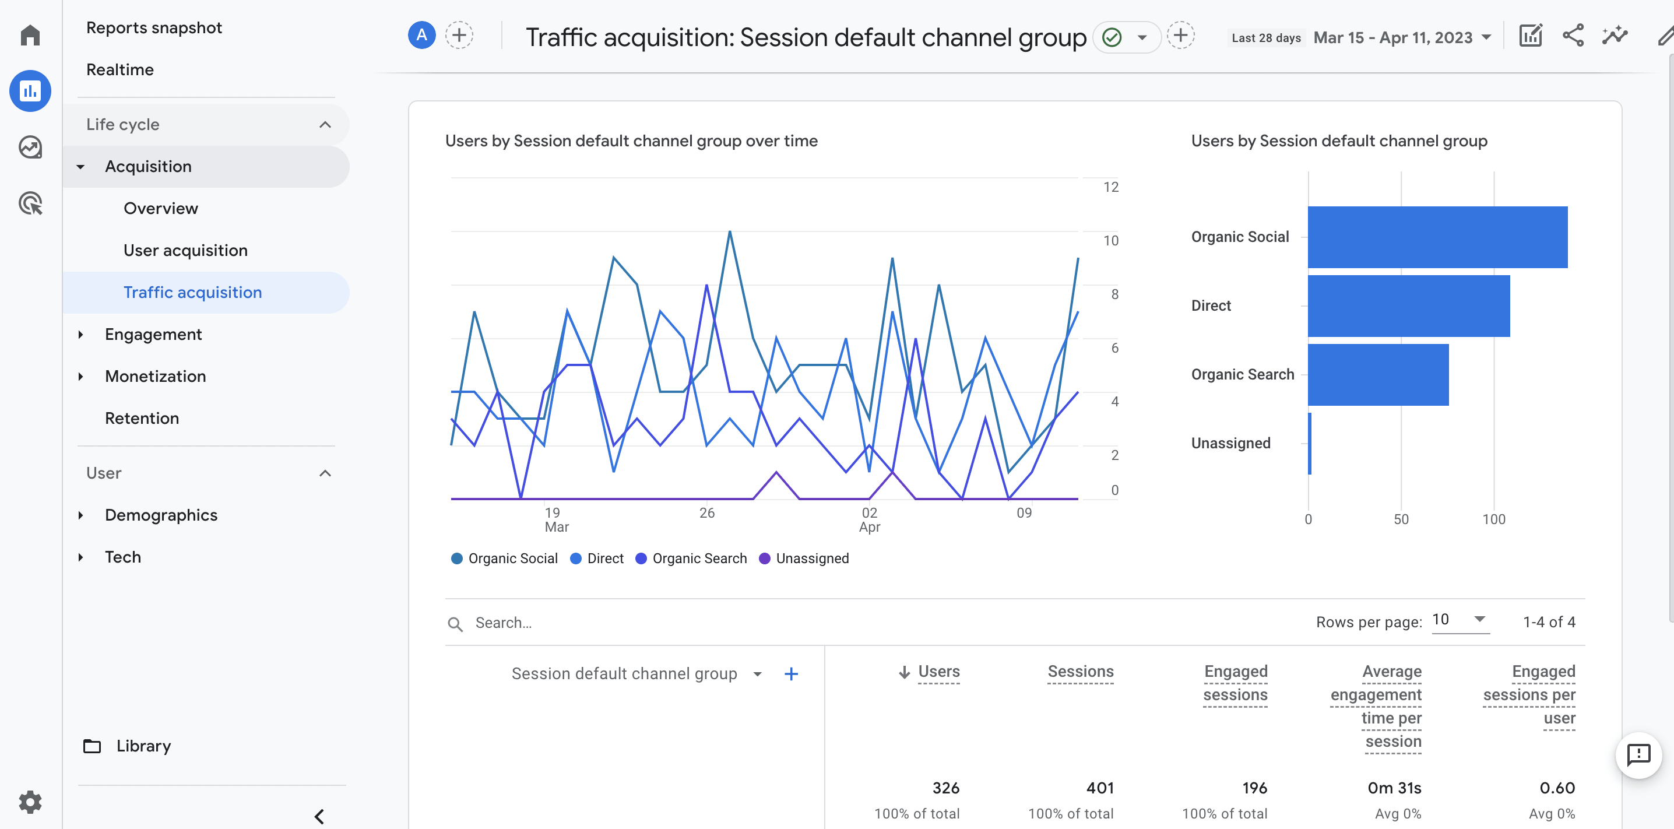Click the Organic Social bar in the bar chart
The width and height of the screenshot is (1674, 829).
1437,237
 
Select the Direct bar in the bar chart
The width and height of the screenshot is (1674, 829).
1408,306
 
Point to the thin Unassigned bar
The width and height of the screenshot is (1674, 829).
1310,444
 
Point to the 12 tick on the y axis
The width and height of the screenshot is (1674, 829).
1110,187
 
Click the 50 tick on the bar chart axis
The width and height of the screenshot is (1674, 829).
1401,519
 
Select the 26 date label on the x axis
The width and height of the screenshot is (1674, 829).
706,513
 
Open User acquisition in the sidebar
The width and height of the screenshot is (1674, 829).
185,250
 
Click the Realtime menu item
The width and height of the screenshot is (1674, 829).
119,69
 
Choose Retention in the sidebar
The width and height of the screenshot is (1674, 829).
142,418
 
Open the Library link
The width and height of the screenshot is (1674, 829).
143,746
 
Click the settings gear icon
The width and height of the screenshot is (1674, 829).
30,802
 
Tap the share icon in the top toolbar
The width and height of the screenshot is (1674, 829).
1573,36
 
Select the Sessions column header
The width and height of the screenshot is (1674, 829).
1080,672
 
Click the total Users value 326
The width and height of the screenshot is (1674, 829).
945,788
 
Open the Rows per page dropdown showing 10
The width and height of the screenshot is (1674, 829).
1460,620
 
